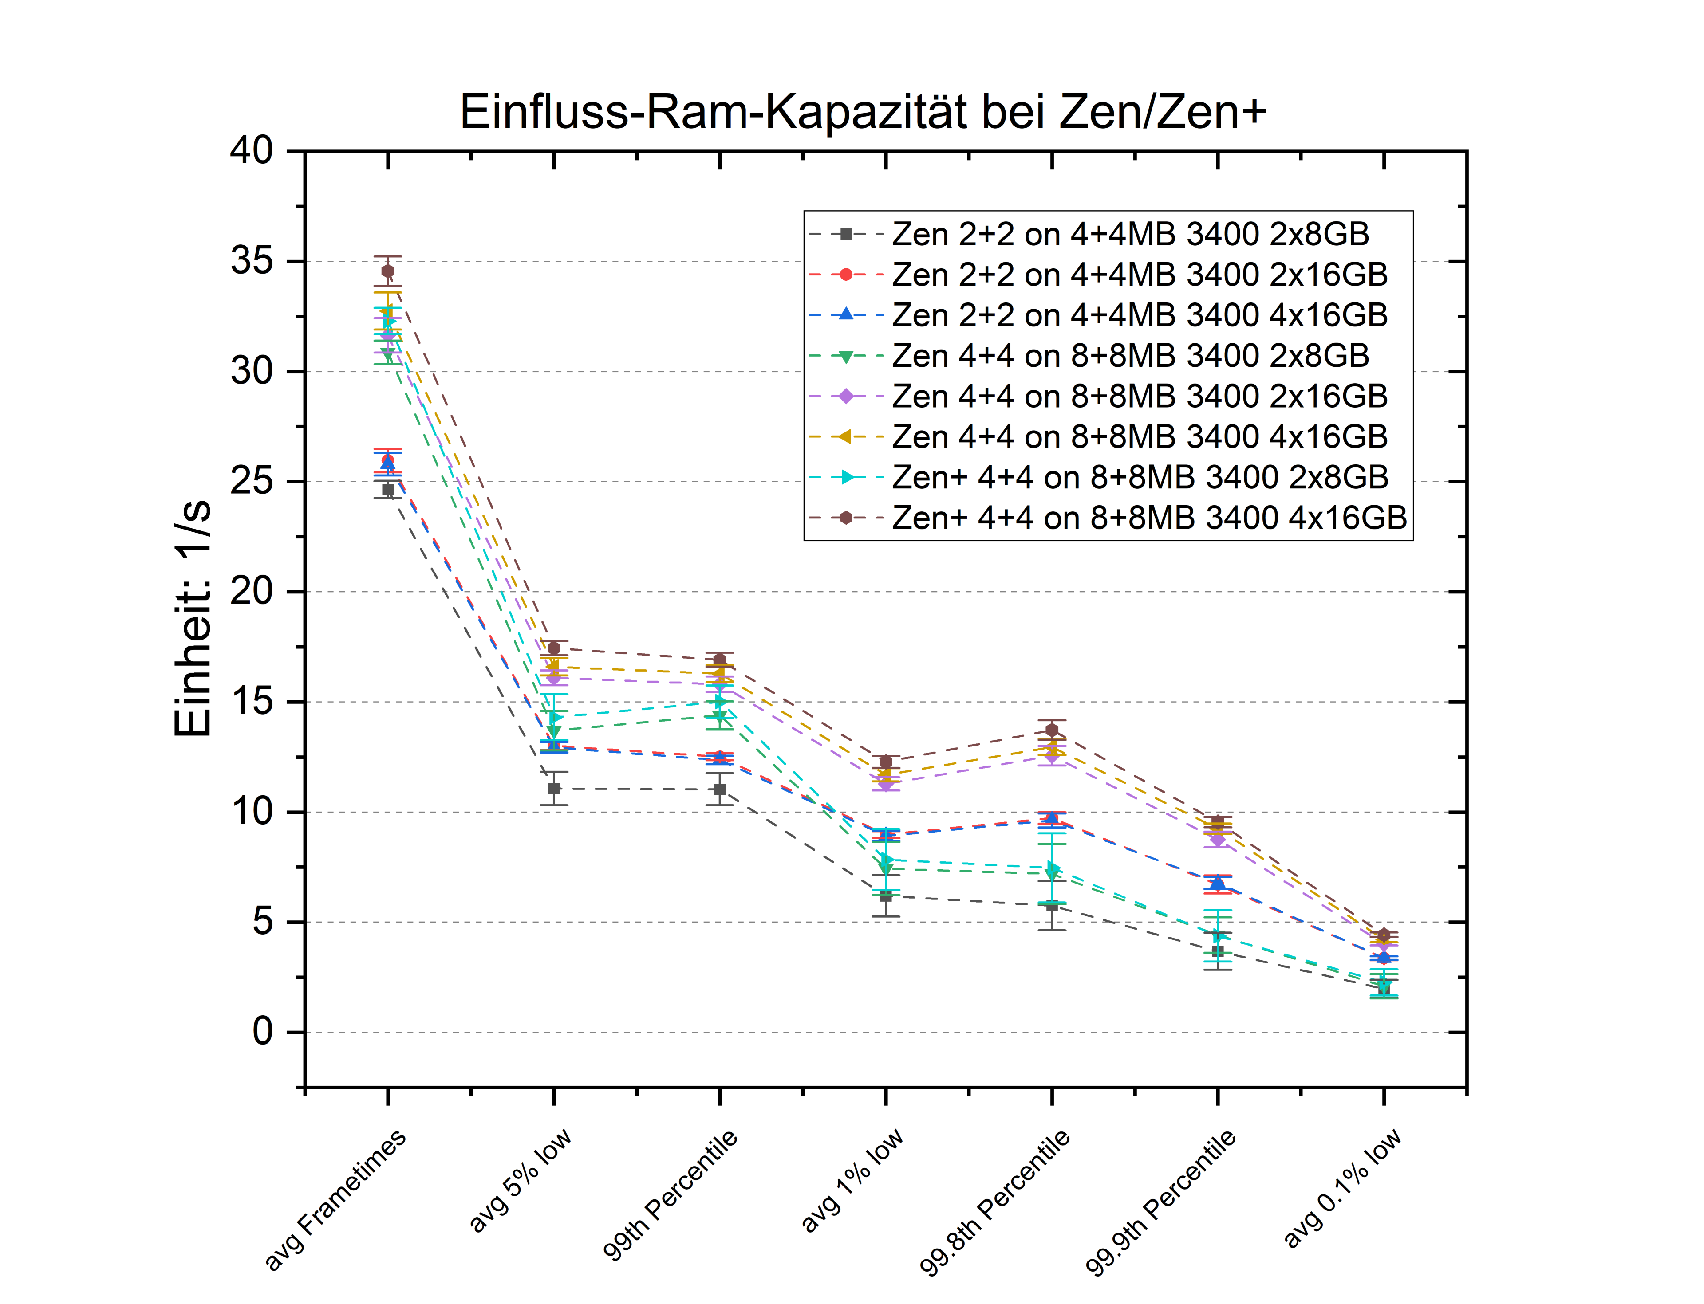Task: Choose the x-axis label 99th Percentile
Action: pyautogui.click(x=670, y=1194)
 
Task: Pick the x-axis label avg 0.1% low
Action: pyautogui.click(x=1342, y=1188)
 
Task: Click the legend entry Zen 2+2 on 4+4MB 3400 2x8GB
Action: pyautogui.click(x=1130, y=234)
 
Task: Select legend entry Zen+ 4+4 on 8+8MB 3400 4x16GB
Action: pyautogui.click(x=1149, y=518)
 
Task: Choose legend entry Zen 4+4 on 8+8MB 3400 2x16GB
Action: pyautogui.click(x=1140, y=396)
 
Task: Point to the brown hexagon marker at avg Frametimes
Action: pyautogui.click(x=387, y=271)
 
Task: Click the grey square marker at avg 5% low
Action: pyautogui.click(x=554, y=789)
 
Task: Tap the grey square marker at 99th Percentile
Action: pyautogui.click(x=720, y=789)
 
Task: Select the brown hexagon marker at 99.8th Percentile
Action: pyautogui.click(x=1052, y=730)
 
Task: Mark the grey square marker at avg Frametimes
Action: pyautogui.click(x=387, y=490)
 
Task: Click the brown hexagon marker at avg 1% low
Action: pyautogui.click(x=885, y=762)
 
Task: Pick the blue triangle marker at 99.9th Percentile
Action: pyautogui.click(x=1218, y=883)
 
